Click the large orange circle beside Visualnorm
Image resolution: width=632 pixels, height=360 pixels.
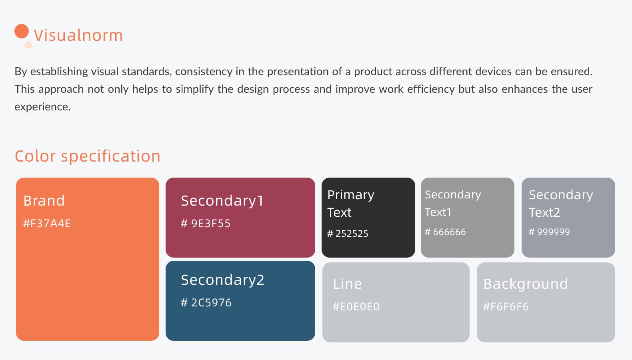pyautogui.click(x=22, y=31)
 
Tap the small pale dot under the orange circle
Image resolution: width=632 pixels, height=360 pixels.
pyautogui.click(x=28, y=45)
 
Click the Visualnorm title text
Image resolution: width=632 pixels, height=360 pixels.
pyautogui.click(x=78, y=35)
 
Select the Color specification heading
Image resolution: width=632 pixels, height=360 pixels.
pyautogui.click(x=88, y=156)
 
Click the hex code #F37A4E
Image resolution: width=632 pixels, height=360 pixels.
pyautogui.click(x=47, y=224)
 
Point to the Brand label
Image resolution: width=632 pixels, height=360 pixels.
pyautogui.click(x=44, y=200)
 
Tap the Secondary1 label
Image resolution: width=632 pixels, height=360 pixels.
pyautogui.click(x=222, y=201)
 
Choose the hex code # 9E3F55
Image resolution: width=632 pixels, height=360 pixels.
pyautogui.click(x=206, y=224)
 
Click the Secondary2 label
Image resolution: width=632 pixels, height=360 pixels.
pyautogui.click(x=223, y=280)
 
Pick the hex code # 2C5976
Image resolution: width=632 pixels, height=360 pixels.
pyautogui.click(x=206, y=303)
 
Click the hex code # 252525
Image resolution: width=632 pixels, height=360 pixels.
pyautogui.click(x=348, y=234)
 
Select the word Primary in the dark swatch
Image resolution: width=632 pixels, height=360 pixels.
pyautogui.click(x=351, y=195)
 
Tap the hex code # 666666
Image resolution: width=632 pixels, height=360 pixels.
pyautogui.click(x=445, y=232)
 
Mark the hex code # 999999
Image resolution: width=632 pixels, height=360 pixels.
pyautogui.click(x=549, y=232)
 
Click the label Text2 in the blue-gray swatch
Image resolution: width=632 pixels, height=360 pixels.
pyautogui.click(x=544, y=212)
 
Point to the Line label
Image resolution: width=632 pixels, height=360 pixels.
pyautogui.click(x=347, y=284)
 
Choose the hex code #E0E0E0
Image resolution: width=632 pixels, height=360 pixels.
pyautogui.click(x=356, y=307)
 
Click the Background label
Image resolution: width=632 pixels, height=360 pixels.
pyautogui.click(x=526, y=284)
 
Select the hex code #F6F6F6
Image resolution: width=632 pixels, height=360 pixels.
pyautogui.click(x=506, y=307)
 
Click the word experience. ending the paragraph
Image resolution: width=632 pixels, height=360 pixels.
pyautogui.click(x=43, y=107)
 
